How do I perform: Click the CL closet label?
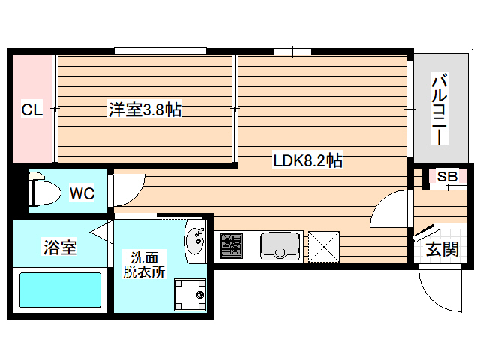31,110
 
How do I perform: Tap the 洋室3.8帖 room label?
145,110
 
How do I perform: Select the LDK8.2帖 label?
307,160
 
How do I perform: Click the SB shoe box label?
447,177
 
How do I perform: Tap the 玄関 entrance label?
442,250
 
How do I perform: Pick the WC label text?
82,193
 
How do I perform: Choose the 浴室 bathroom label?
60,247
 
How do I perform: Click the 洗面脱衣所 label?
144,263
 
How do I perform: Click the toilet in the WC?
43,192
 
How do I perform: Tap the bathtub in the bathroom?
60,292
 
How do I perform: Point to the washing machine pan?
190,295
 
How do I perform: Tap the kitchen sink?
280,246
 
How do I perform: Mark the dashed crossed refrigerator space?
324,246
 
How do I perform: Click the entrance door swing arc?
435,292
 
